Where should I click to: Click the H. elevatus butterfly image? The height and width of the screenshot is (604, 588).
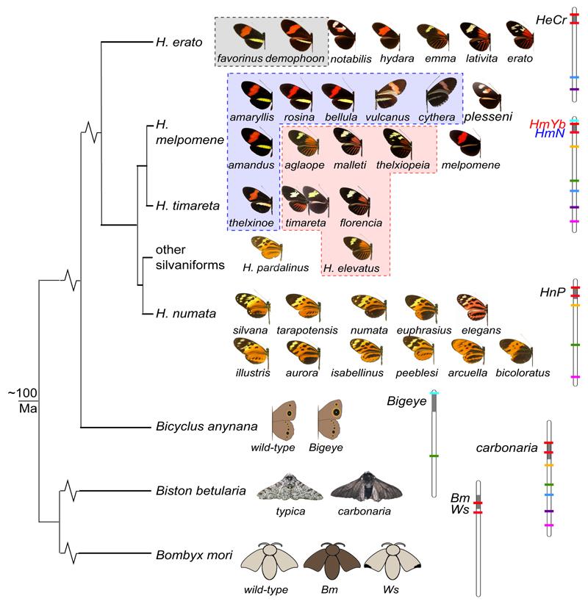pyautogui.click(x=356, y=248)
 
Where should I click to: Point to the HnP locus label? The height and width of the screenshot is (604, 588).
pyautogui.click(x=551, y=292)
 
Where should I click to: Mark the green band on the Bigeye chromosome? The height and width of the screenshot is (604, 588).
pyautogui.click(x=434, y=456)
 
